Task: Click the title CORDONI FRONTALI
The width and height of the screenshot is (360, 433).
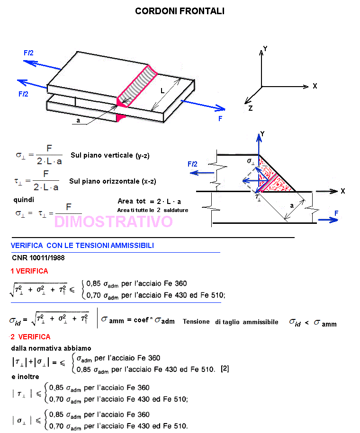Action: coord(180,11)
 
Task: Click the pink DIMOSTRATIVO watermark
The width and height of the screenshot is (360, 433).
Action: coord(113,221)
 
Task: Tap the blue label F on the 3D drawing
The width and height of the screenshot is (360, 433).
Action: coord(220,119)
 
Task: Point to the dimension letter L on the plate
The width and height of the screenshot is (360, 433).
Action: coord(162,89)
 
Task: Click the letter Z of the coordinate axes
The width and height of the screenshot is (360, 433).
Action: coord(250,108)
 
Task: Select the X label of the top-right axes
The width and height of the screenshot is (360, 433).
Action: coord(315,86)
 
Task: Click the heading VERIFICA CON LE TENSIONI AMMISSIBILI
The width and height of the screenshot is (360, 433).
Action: coord(82,245)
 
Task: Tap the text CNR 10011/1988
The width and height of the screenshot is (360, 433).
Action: coord(38,258)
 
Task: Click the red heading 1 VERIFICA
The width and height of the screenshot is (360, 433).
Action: coord(29,271)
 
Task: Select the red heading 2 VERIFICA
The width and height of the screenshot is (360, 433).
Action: coord(30,337)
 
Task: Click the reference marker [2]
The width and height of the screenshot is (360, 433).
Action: coord(225,369)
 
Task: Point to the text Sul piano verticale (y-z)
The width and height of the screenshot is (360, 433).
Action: coord(110,155)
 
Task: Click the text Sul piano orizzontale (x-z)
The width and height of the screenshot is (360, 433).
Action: coord(112,181)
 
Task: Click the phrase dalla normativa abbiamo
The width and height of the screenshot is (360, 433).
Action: coord(51,348)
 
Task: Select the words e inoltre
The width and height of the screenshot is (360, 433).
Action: coord(26,377)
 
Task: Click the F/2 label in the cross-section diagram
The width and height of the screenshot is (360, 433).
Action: coord(193,164)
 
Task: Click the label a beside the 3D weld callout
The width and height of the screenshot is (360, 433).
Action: coord(78,121)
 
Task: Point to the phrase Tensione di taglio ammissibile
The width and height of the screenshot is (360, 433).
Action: coord(231,321)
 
